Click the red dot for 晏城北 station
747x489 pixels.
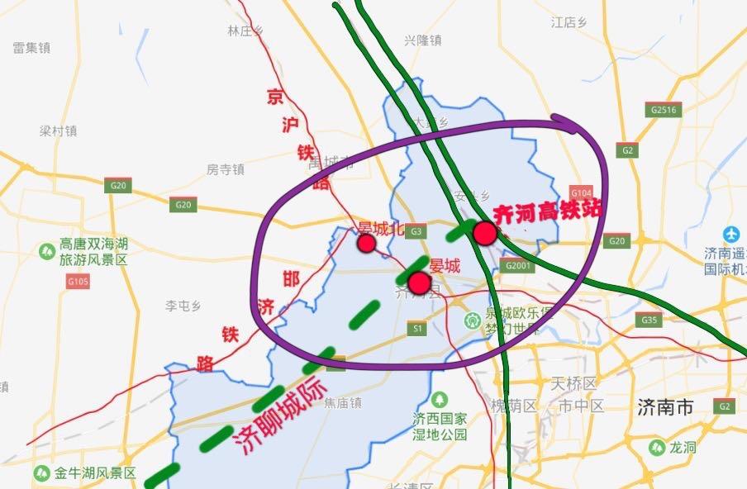point(366,243)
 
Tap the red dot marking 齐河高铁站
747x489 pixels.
point(485,234)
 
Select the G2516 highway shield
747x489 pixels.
point(664,109)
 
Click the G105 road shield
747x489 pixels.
point(79,282)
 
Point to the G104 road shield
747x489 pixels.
point(582,191)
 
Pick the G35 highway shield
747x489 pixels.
point(649,320)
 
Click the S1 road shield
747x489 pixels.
point(419,330)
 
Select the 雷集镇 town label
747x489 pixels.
point(31,48)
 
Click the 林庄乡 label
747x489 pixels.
point(245,31)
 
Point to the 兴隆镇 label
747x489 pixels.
point(423,40)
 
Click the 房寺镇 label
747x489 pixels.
point(226,169)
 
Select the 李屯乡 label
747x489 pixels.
point(183,306)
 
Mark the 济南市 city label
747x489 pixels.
point(664,406)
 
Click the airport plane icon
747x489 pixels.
point(731,234)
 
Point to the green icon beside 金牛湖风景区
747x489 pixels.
point(41,473)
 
